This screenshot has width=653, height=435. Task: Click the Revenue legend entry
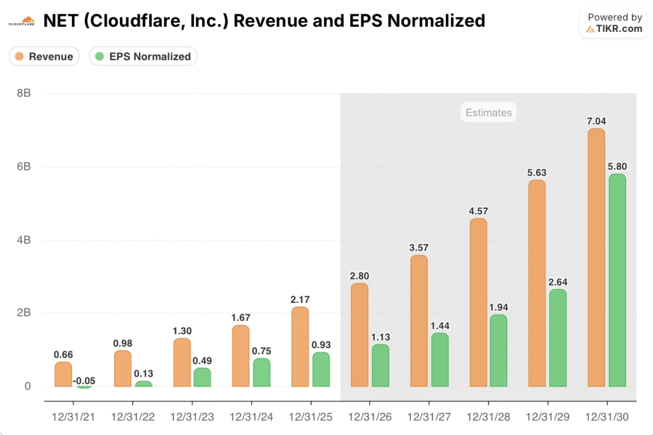pyautogui.click(x=44, y=56)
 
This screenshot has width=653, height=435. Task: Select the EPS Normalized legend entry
pyautogui.click(x=143, y=56)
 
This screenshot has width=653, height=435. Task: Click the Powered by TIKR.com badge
pyautogui.click(x=614, y=23)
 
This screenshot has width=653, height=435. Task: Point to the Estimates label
pyautogui.click(x=488, y=113)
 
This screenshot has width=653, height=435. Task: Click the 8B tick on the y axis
pyautogui.click(x=23, y=93)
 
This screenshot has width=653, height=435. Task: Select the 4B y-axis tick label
pyautogui.click(x=23, y=240)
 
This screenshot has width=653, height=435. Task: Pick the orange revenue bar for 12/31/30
pyautogui.click(x=596, y=258)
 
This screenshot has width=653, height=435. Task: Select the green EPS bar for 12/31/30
pyautogui.click(x=617, y=281)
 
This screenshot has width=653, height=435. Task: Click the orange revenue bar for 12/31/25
pyautogui.click(x=300, y=347)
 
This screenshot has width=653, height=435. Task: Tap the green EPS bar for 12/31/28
pyautogui.click(x=499, y=351)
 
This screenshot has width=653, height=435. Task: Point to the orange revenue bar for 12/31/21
pyautogui.click(x=63, y=374)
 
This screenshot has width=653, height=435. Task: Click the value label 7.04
pyautogui.click(x=596, y=120)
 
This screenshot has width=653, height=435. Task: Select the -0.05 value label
pyautogui.click(x=84, y=381)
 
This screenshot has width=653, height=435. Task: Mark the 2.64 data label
pyautogui.click(x=557, y=281)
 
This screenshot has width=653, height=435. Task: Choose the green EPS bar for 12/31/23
pyautogui.click(x=202, y=378)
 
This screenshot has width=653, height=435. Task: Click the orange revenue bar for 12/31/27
pyautogui.click(x=419, y=321)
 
